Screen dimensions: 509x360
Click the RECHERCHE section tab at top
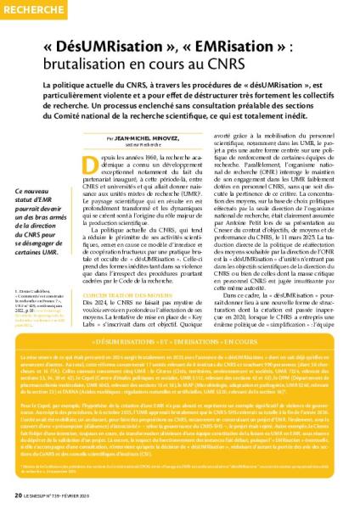[x=33, y=8]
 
